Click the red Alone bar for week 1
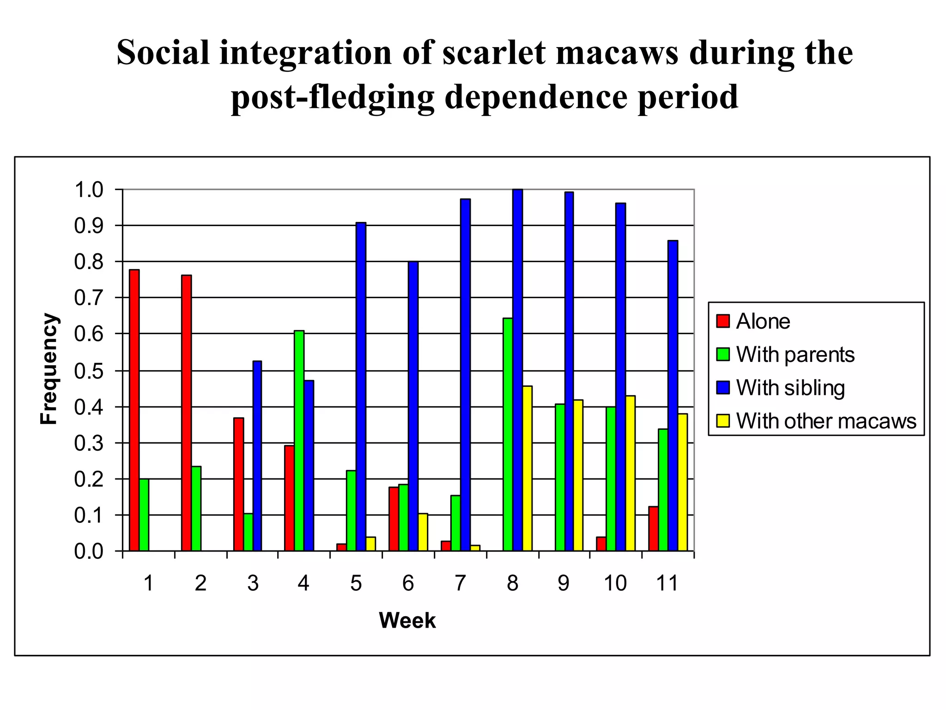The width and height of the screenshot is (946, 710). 134,410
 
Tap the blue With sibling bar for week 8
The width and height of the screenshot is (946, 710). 518,370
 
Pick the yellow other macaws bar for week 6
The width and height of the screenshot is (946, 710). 423,532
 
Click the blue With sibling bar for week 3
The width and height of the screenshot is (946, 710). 257,456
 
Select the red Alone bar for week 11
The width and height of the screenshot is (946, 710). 653,529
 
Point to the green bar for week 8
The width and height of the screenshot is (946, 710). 508,435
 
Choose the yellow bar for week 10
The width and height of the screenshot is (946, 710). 630,473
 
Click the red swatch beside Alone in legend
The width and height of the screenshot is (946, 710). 723,321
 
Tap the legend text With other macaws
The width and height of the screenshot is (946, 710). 826,421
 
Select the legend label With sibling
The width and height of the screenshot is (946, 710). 790,388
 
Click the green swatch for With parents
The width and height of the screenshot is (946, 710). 723,355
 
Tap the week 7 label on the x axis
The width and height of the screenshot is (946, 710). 460,583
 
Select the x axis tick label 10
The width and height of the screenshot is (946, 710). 615,583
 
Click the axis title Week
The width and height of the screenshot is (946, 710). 407,620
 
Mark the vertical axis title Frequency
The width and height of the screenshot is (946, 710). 49,369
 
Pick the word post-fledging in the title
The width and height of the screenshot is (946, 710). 333,97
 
